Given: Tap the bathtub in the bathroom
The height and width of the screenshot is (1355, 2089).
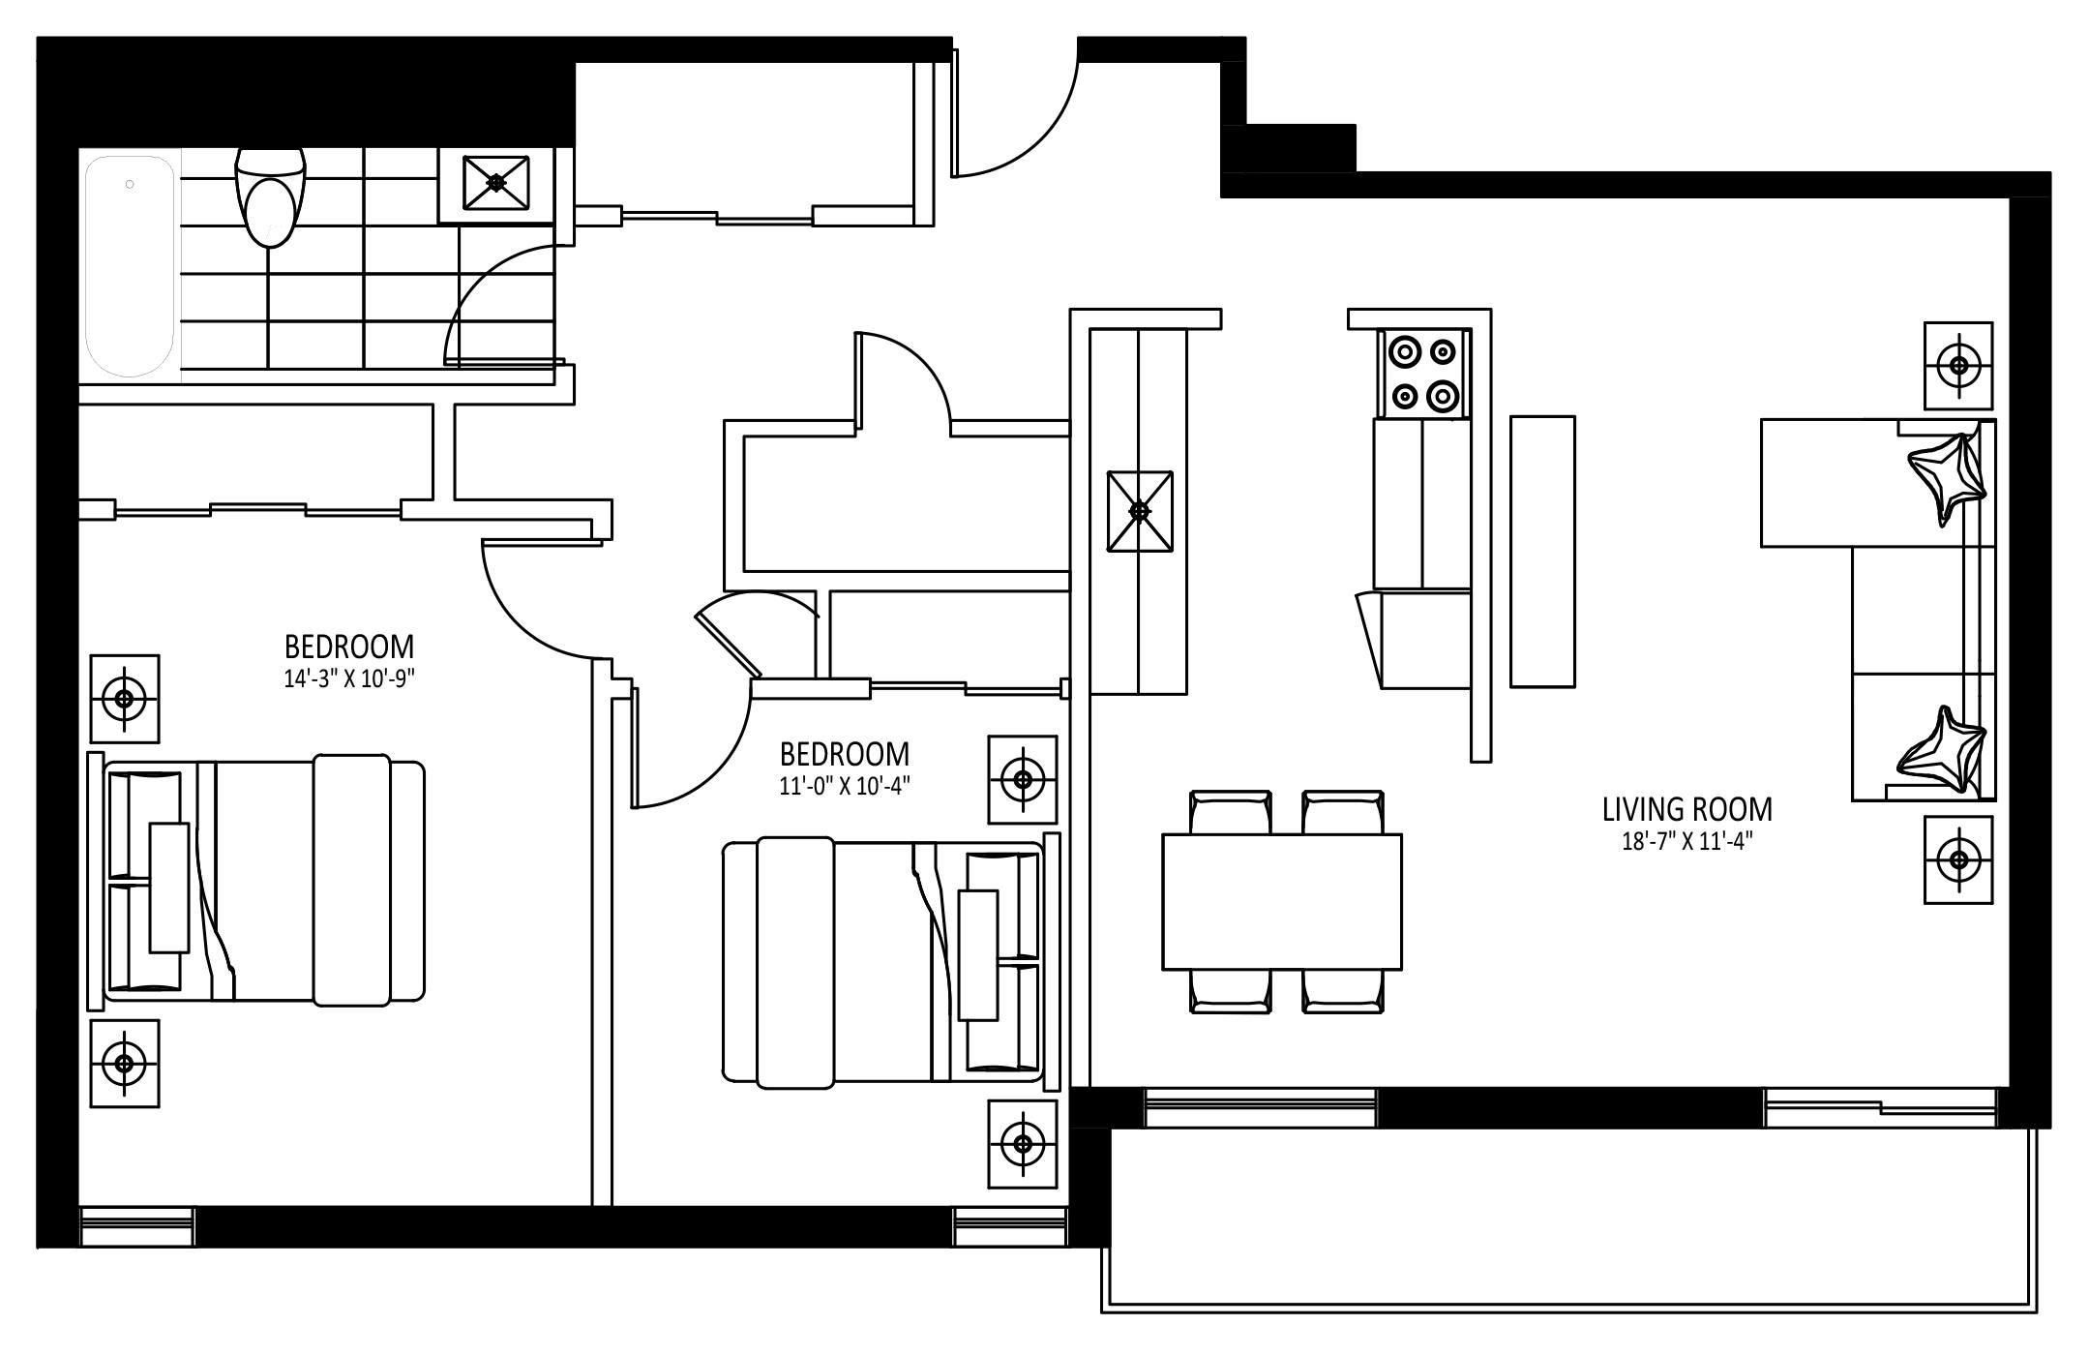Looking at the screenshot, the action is pyautogui.click(x=131, y=266).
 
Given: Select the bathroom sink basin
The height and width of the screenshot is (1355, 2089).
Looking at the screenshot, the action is pyautogui.click(x=497, y=182).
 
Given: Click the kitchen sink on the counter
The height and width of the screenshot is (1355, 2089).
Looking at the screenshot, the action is pyautogui.click(x=1140, y=511).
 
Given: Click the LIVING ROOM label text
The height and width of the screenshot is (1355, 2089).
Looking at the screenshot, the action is pyautogui.click(x=1687, y=809).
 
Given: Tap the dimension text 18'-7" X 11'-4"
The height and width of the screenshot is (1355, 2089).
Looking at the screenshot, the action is pyautogui.click(x=1687, y=842).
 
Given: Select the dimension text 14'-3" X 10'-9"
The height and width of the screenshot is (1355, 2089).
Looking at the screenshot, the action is pyautogui.click(x=349, y=678).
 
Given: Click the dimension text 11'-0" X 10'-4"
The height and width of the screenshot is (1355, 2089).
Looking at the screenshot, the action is pyautogui.click(x=845, y=786).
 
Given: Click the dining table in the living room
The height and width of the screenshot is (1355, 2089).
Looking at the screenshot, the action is pyautogui.click(x=1282, y=901).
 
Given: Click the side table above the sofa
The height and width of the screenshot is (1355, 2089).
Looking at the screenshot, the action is pyautogui.click(x=1958, y=366).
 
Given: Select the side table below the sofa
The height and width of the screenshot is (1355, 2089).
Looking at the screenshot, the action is pyautogui.click(x=1958, y=859).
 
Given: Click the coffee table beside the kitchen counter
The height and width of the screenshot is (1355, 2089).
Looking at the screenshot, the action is pyautogui.click(x=1542, y=552).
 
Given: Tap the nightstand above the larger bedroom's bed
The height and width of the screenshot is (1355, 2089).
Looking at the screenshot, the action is pyautogui.click(x=125, y=698).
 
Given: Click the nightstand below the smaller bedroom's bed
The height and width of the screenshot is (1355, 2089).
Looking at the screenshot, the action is pyautogui.click(x=1023, y=1144).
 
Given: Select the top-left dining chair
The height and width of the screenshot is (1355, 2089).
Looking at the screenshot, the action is pyautogui.click(x=1231, y=811).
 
